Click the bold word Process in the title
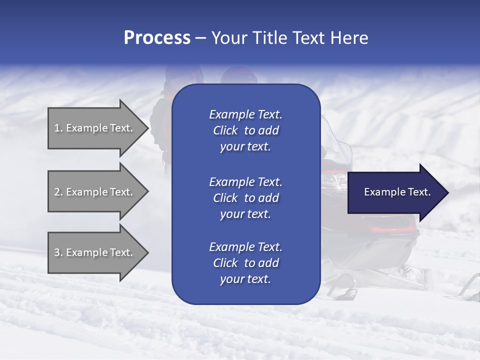click(x=157, y=38)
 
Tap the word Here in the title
click(x=348, y=38)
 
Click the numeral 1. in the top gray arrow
click(x=58, y=128)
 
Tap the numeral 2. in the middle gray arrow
click(x=58, y=192)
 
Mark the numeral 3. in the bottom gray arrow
click(x=58, y=252)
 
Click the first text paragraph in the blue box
click(x=245, y=130)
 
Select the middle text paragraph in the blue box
click(x=245, y=198)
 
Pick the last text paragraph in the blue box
click(x=245, y=263)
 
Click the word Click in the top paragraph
click(x=225, y=130)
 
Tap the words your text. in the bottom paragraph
click(x=245, y=279)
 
